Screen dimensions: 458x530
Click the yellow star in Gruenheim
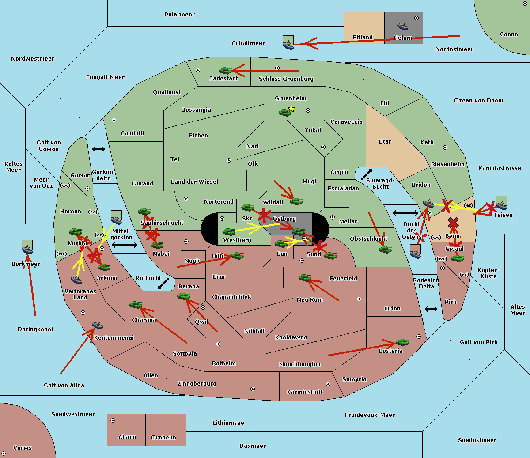click(291, 109)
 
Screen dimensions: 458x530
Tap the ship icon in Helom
click(402, 25)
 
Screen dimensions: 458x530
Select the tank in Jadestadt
click(226, 70)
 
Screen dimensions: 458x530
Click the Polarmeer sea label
click(179, 15)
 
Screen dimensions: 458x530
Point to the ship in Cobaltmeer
click(288, 43)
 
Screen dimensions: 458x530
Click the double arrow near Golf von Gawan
click(98, 149)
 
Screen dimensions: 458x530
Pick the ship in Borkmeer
click(27, 248)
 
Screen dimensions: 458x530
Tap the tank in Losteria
click(401, 342)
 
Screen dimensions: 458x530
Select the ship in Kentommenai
click(97, 325)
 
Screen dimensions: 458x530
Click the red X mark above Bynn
click(453, 222)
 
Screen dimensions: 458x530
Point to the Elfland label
click(363, 38)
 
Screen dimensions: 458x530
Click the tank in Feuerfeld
click(305, 278)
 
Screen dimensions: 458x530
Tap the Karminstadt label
click(305, 392)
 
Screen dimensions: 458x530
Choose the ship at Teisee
click(501, 203)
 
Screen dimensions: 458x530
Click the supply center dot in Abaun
click(113, 420)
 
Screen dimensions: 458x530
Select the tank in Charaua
click(136, 304)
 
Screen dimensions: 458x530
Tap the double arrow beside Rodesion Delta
click(431, 309)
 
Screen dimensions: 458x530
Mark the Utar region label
click(385, 142)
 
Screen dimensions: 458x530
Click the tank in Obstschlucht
click(385, 249)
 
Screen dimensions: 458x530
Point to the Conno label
click(509, 34)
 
